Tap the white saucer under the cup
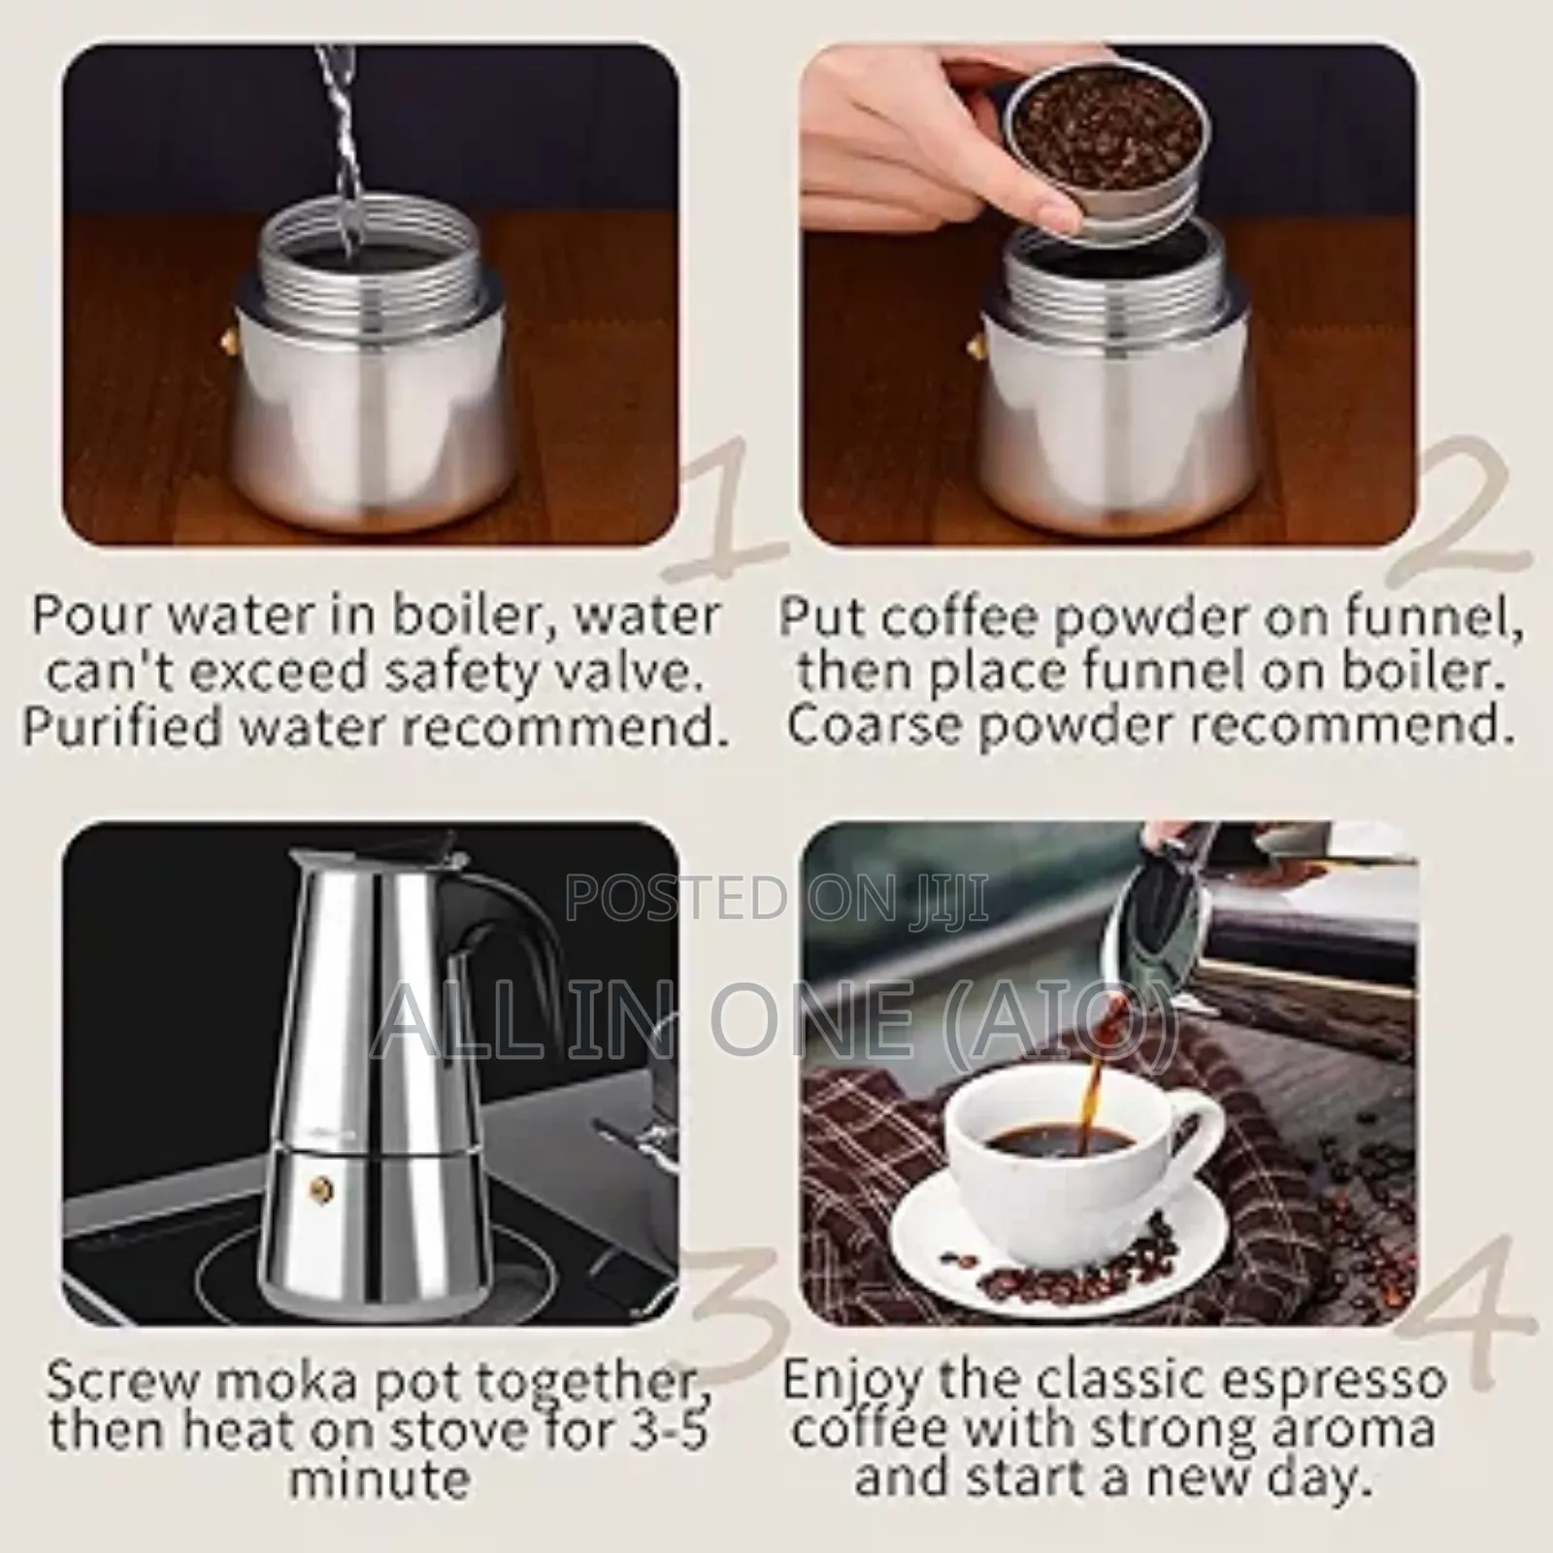(1029, 1252)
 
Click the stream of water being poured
(335, 146)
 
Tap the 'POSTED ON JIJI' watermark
(776, 898)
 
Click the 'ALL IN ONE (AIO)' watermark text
(776, 1019)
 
